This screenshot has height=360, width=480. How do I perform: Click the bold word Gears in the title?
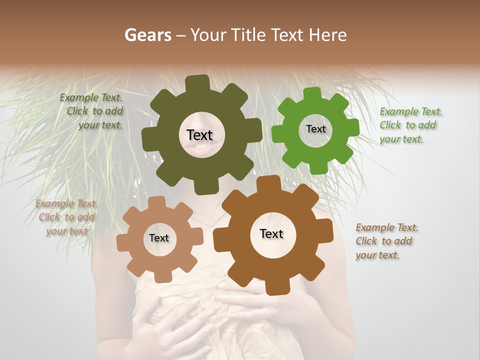148,35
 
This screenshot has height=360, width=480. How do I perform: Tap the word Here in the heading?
328,35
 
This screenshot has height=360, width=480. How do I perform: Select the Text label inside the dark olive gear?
199,135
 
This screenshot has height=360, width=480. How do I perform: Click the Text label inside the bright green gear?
315,129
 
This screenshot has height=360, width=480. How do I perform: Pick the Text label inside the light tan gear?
159,238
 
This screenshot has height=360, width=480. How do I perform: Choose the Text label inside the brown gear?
271,233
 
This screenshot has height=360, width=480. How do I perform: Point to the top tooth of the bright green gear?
312,93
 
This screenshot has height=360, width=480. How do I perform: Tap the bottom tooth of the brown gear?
274,287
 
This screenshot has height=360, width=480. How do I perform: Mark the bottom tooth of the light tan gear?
161,276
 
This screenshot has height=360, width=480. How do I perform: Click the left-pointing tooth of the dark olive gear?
149,137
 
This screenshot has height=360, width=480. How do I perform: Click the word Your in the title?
209,35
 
